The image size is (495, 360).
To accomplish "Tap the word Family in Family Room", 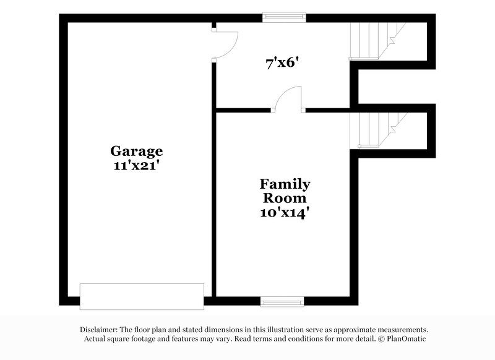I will (285, 184).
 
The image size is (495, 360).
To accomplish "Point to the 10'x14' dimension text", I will (285, 212).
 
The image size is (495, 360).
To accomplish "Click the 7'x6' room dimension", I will (283, 62).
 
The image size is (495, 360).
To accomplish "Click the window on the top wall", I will (284, 17).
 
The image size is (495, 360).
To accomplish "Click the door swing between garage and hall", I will (225, 43).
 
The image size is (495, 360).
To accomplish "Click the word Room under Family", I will (285, 198).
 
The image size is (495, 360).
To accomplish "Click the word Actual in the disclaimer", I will (97, 339).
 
